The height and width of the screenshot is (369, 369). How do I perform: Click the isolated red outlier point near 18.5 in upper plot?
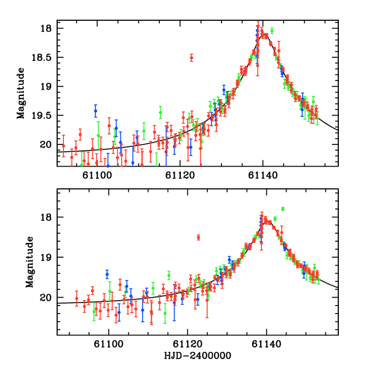tap(191, 58)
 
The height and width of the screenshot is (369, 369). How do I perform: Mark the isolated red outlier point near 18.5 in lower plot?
tap(198, 237)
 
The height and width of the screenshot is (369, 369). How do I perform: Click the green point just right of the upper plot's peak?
tap(272, 30)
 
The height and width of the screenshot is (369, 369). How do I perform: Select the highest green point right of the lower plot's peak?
tap(283, 209)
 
